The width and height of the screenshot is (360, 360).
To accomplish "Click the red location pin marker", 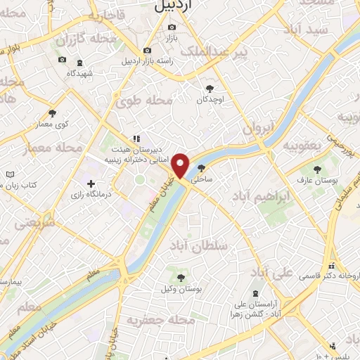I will (x=181, y=165).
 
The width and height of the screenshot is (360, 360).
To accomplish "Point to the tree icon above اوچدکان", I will (x=210, y=89).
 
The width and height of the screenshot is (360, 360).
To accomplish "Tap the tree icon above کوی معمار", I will (x=52, y=112).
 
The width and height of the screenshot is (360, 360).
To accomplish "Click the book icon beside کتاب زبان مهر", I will (x=9, y=174).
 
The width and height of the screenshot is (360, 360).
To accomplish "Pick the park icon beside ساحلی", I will (x=202, y=168).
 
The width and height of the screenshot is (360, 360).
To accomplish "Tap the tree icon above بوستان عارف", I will (x=318, y=169).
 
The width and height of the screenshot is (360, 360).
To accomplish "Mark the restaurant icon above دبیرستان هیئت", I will (x=136, y=139).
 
